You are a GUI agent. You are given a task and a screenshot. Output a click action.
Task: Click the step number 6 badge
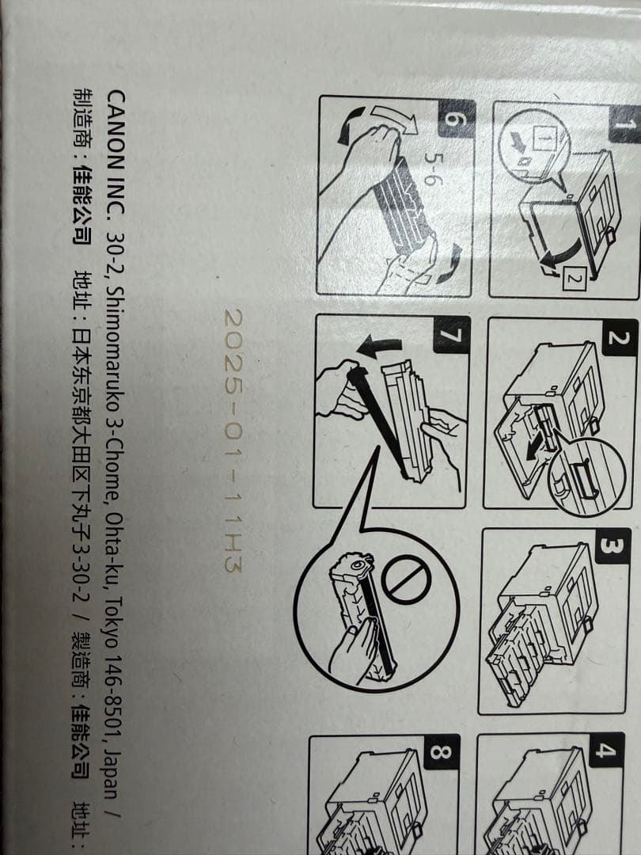[456, 118]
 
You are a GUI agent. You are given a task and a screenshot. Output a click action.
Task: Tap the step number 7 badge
[452, 335]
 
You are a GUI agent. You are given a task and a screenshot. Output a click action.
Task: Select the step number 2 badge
[619, 337]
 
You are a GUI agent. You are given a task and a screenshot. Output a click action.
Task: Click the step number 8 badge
[442, 752]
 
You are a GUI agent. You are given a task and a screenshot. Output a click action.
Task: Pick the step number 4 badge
[606, 750]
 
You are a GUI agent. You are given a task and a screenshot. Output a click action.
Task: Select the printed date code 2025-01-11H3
[233, 441]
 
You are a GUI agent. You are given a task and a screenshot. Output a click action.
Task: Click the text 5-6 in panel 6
[432, 169]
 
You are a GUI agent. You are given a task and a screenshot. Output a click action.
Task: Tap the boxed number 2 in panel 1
[575, 280]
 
